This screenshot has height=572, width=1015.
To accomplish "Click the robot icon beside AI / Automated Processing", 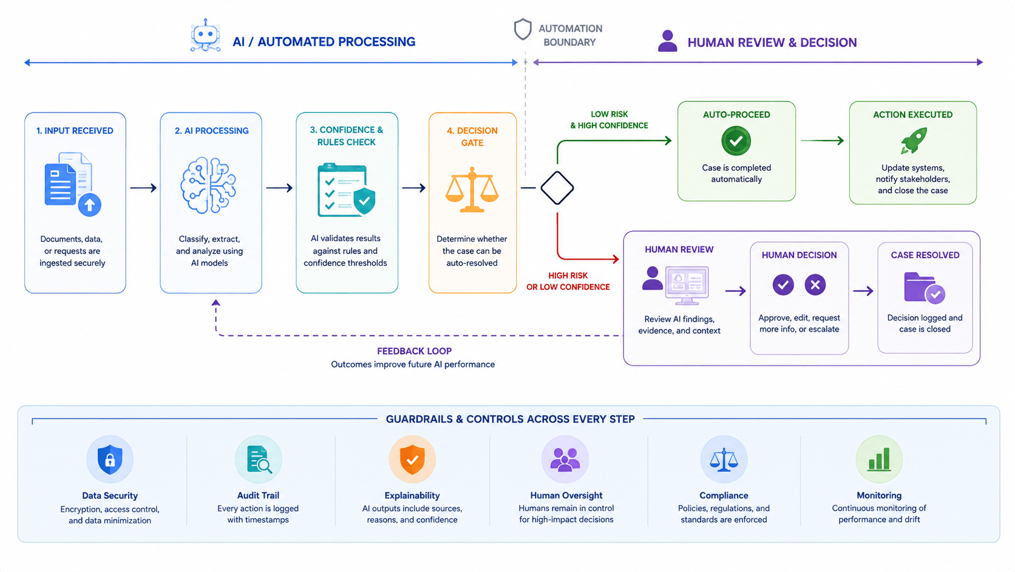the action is point(205,35).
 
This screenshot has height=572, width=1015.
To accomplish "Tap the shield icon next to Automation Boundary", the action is point(523,30).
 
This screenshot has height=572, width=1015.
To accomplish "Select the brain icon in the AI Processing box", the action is point(208,185).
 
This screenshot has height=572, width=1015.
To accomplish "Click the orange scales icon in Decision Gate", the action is point(472,190).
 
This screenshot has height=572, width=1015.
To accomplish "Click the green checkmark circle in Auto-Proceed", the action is point(736,141).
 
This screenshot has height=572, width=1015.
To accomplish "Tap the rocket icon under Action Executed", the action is point(914,140).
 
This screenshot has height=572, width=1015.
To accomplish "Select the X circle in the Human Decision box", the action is point(815,285).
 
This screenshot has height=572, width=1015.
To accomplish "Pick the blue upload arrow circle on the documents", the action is point(89,205).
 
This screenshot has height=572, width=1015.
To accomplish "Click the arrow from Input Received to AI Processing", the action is point(143,187).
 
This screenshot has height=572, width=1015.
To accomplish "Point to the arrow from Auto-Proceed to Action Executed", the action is point(822,140).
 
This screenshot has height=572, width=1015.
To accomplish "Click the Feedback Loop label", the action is point(414,351).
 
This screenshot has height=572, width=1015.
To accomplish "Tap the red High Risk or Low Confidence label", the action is point(568,281).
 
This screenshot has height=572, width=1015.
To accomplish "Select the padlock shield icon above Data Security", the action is point(110,460).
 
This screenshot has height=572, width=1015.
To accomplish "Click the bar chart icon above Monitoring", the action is point(879,460).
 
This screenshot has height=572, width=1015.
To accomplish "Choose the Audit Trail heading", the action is point(258,495).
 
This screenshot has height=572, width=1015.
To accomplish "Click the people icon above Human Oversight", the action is point(565,460).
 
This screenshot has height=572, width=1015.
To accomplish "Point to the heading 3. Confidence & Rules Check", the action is point(347,136).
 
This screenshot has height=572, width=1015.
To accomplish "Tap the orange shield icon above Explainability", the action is point(412,460).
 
